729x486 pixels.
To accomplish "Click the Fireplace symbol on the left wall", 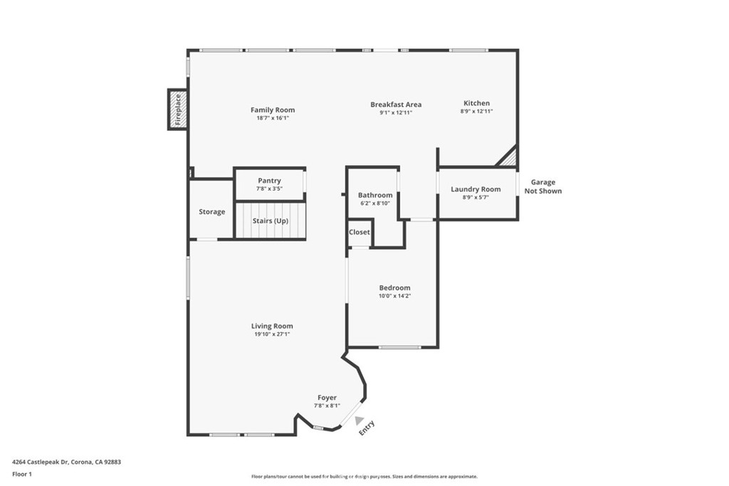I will click(178, 110).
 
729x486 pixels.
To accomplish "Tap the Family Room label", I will click(272, 110).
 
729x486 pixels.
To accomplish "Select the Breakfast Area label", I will click(396, 105).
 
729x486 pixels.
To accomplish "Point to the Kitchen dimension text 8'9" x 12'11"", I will click(476, 112).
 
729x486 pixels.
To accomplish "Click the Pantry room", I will click(269, 184).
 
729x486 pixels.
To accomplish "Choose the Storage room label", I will click(211, 211).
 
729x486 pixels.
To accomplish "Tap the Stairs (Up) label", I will click(271, 221).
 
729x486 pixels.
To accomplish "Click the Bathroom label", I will click(374, 195).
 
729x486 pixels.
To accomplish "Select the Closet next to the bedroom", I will click(359, 233).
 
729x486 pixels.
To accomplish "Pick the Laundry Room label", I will click(476, 189).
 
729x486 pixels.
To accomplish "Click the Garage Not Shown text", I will click(542, 186).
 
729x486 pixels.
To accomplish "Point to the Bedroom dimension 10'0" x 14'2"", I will click(394, 296).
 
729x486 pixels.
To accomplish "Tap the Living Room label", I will click(272, 326).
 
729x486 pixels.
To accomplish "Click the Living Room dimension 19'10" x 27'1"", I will click(272, 334).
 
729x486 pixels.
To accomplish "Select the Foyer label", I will click(327, 398).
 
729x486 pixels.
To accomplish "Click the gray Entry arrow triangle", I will click(360, 421).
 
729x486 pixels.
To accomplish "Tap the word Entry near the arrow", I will click(367, 428).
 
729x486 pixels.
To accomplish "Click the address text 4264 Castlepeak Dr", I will click(66, 462).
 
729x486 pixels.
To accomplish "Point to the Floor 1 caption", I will click(22, 473).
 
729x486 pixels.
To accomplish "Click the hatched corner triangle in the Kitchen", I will click(509, 159).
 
